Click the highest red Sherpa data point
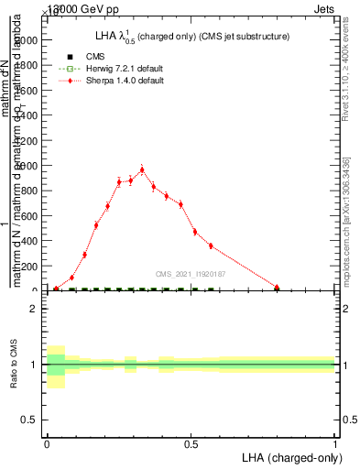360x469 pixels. pyautogui.click(x=142, y=169)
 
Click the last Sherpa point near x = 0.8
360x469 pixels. pyautogui.click(x=277, y=288)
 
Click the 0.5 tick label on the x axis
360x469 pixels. pyautogui.click(x=191, y=443)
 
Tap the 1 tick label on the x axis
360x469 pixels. pyautogui.click(x=335, y=443)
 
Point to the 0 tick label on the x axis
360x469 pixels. pyautogui.click(x=47, y=443)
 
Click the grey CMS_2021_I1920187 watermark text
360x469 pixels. pyautogui.click(x=191, y=273)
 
